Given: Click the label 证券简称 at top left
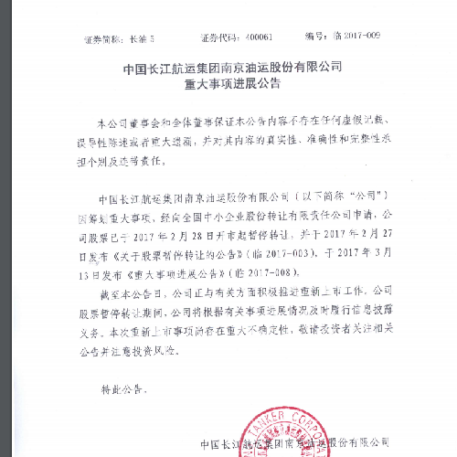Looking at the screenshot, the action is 102,37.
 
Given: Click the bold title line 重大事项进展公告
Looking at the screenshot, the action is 228,83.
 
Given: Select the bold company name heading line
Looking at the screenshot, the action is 228,67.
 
